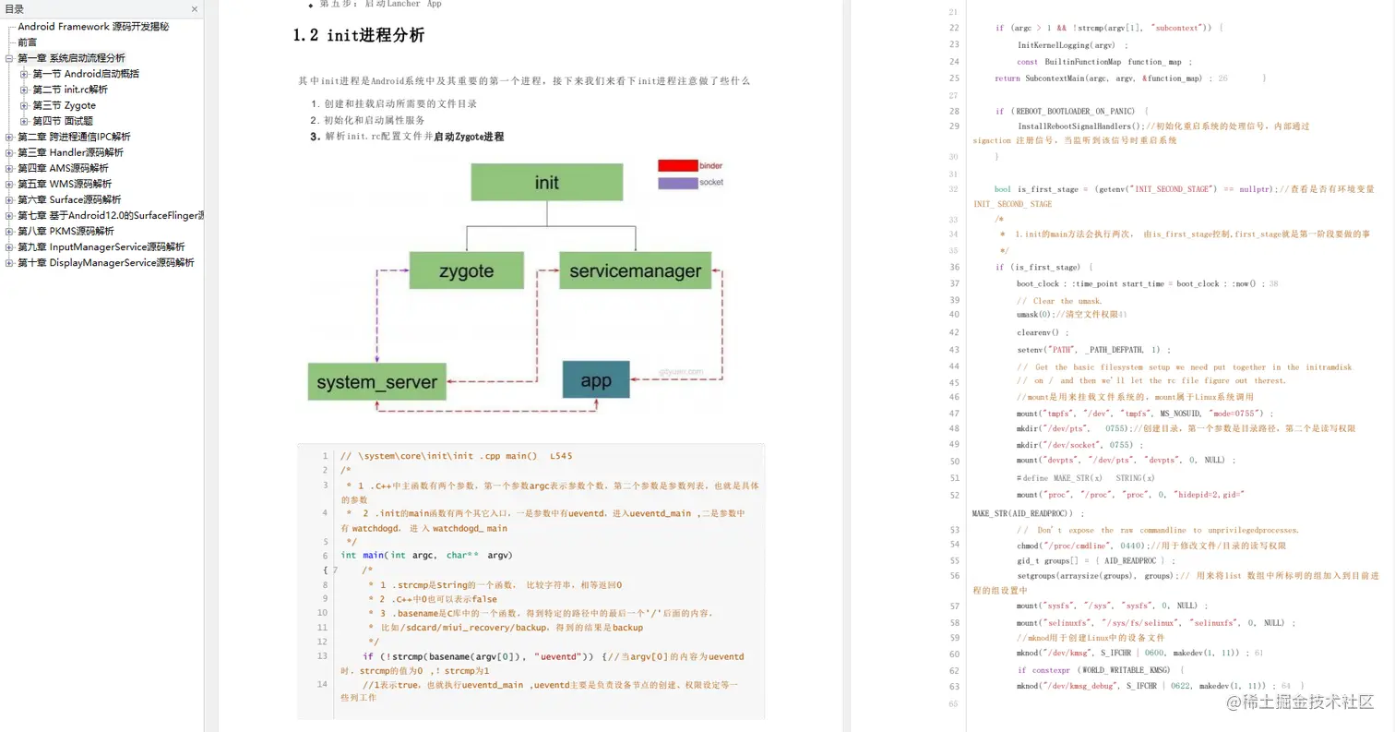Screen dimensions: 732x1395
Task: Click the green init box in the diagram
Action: (x=546, y=182)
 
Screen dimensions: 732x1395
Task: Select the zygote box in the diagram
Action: (x=466, y=271)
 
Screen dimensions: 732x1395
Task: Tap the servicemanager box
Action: (x=635, y=271)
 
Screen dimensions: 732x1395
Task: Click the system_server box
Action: (x=376, y=381)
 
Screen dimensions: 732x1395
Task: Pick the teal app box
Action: (x=596, y=379)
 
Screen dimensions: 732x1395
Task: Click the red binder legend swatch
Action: (x=677, y=165)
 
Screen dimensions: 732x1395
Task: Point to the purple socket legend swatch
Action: (x=677, y=183)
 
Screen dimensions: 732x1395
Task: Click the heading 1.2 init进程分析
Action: (x=358, y=36)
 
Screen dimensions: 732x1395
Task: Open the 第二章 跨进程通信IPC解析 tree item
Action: (x=74, y=137)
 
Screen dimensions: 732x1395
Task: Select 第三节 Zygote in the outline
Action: (x=64, y=105)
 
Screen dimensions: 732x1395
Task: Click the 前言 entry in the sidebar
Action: (x=28, y=42)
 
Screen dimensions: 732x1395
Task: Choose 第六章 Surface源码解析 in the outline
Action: (x=69, y=199)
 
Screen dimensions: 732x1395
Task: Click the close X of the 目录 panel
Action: (x=195, y=9)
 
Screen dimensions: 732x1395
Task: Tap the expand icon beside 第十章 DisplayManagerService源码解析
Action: (x=9, y=263)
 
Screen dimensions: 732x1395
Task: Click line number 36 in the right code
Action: (x=953, y=267)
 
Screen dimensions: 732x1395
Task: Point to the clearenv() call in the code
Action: (x=1043, y=332)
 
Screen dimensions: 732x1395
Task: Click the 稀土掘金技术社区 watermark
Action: (x=1300, y=702)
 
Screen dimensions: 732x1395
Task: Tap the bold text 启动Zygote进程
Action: (x=469, y=137)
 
